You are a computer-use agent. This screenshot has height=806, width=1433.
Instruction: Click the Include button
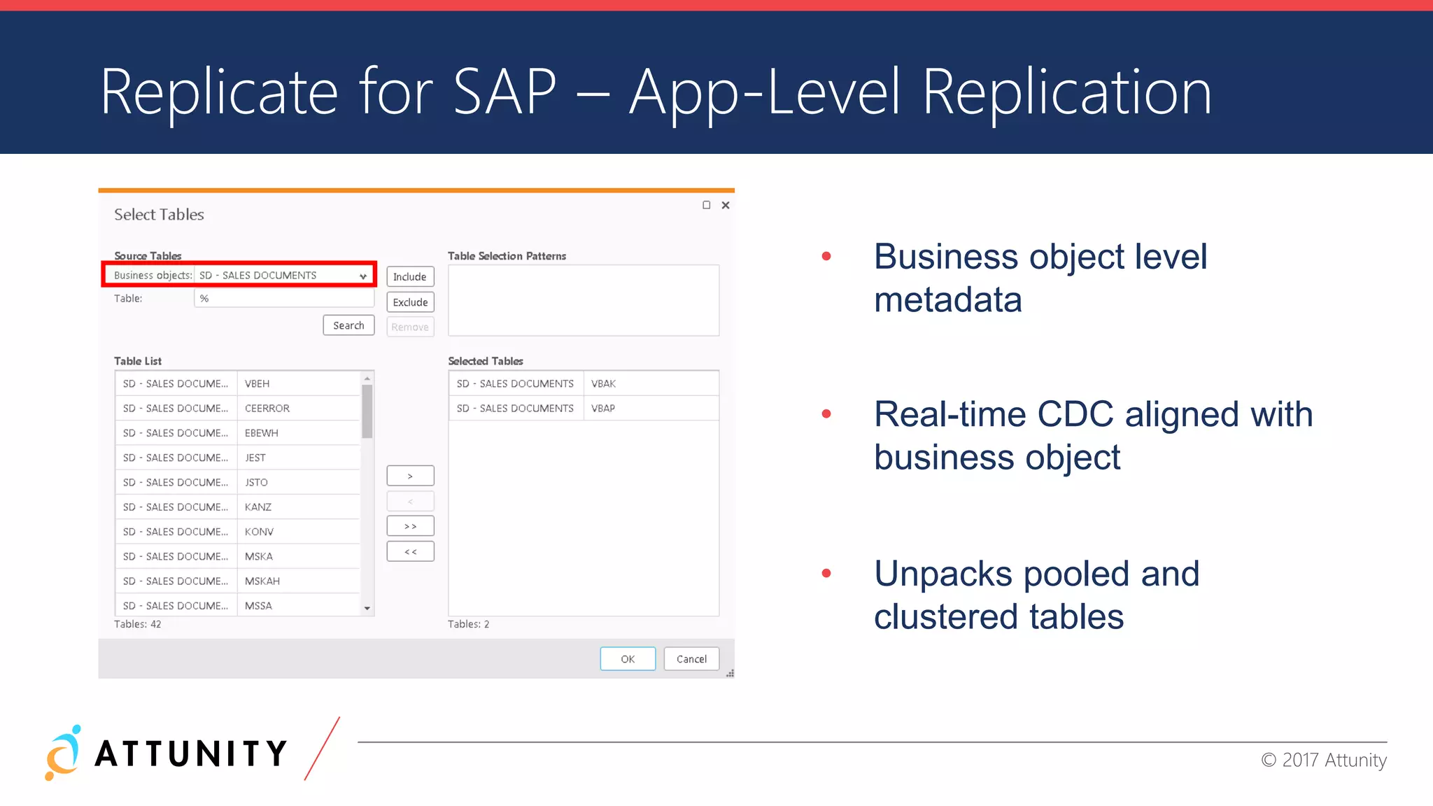click(410, 277)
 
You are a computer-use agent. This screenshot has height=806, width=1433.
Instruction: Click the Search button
click(348, 325)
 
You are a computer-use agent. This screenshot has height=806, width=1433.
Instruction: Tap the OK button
click(628, 659)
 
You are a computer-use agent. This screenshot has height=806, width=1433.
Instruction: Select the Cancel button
click(691, 659)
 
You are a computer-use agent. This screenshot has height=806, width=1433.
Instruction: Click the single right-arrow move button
click(410, 476)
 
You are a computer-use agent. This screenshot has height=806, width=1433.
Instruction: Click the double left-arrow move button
click(410, 552)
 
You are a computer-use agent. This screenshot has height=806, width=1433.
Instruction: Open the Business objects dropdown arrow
click(363, 276)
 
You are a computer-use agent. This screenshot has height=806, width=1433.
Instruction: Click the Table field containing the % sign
click(284, 299)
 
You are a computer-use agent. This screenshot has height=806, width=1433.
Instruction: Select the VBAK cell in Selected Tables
click(603, 383)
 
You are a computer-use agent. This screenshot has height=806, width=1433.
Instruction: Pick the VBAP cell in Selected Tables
click(603, 409)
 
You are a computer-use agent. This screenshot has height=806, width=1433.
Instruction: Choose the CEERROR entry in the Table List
click(267, 409)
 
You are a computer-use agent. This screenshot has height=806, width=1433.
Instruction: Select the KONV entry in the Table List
click(259, 532)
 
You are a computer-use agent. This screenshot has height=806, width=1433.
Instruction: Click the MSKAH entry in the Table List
click(262, 581)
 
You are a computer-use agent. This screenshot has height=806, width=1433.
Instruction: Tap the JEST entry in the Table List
click(255, 458)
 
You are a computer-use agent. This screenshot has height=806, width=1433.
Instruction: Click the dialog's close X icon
click(726, 205)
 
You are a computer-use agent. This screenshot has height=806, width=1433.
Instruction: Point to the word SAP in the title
click(504, 92)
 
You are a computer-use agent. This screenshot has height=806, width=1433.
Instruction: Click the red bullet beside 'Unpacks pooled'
click(826, 573)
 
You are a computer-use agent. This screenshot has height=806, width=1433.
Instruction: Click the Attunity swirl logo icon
click(63, 753)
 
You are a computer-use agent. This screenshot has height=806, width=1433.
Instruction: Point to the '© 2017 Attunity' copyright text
click(1323, 760)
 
